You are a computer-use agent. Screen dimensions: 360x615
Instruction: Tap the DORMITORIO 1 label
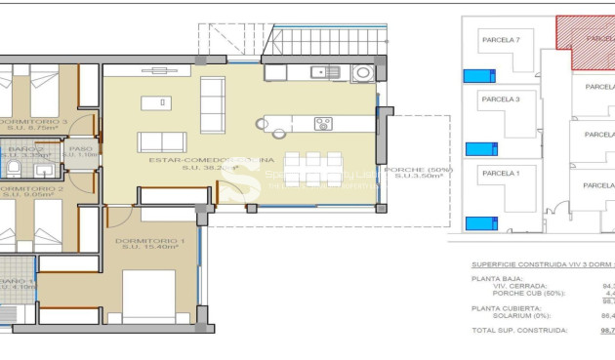click(x=148, y=240)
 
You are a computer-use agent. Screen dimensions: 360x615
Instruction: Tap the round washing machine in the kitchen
click(x=362, y=71)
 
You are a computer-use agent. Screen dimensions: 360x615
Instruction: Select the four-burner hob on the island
click(x=323, y=123)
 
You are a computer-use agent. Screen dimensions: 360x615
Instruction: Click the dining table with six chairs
click(x=312, y=169)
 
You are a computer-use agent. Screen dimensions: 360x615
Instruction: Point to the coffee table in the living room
click(x=152, y=102)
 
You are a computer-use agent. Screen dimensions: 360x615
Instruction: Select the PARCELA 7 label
click(x=501, y=40)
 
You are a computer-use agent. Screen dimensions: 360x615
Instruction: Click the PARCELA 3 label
click(x=501, y=99)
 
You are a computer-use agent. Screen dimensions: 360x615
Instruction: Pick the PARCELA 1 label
click(x=500, y=173)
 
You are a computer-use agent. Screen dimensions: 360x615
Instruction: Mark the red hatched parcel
click(x=586, y=39)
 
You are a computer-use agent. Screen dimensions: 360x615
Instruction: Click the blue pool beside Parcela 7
click(x=477, y=75)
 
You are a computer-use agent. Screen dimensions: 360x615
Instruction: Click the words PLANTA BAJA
click(x=492, y=278)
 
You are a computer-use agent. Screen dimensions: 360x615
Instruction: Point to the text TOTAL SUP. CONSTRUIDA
click(x=519, y=331)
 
